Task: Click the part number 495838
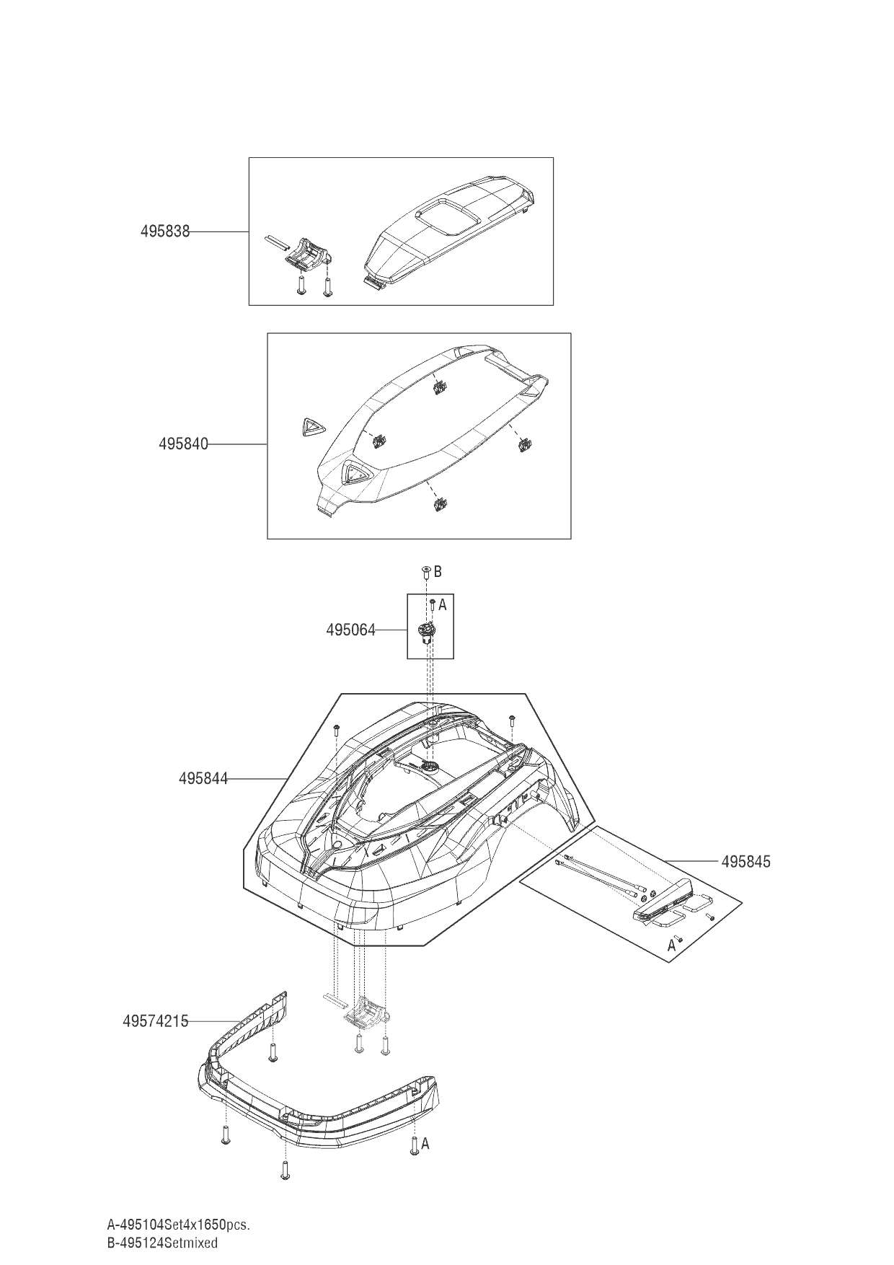(x=164, y=232)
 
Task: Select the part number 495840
(x=183, y=444)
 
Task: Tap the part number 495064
(x=350, y=630)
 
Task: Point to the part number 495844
(x=203, y=778)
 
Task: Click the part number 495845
(x=745, y=861)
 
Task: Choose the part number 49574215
(x=155, y=1021)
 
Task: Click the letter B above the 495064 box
(x=438, y=571)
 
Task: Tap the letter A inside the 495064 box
(x=443, y=605)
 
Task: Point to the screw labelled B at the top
(x=426, y=572)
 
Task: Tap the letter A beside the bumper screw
(x=425, y=1144)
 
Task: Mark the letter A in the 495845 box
(x=671, y=945)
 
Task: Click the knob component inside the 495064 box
(x=425, y=633)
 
